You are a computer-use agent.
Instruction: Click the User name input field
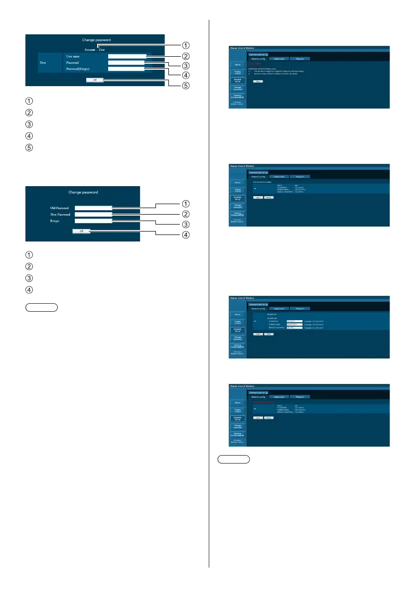pyautogui.click(x=127, y=57)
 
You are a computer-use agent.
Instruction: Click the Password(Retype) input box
pyautogui.click(x=127, y=69)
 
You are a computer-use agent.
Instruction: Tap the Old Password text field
pyautogui.click(x=93, y=208)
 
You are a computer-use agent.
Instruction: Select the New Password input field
pyautogui.click(x=93, y=214)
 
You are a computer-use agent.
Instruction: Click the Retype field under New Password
pyautogui.click(x=93, y=221)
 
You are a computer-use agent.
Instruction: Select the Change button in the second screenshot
pyautogui.click(x=268, y=198)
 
